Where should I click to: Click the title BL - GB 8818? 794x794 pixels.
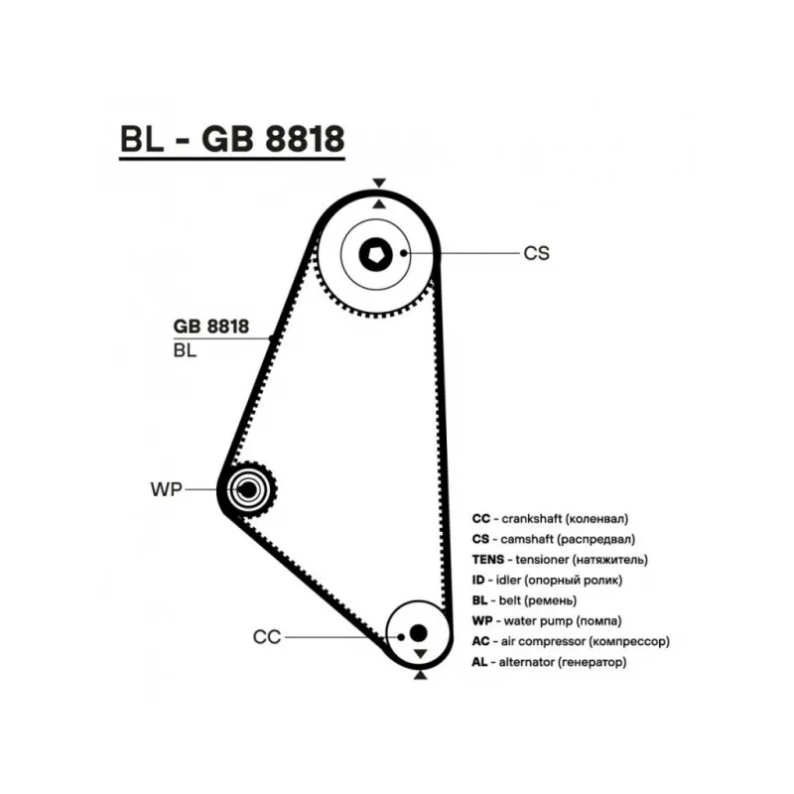(x=231, y=140)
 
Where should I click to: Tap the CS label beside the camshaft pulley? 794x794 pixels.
(x=536, y=253)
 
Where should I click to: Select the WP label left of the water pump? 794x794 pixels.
(x=166, y=489)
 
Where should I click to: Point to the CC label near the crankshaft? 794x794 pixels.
(x=267, y=636)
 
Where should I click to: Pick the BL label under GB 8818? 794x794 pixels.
(x=185, y=349)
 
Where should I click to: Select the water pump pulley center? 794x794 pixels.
(x=246, y=488)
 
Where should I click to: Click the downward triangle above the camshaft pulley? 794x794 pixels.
(x=378, y=183)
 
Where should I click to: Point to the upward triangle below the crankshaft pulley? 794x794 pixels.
(x=419, y=675)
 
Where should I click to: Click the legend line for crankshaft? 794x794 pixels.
(x=551, y=518)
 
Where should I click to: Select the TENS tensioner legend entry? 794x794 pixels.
(x=562, y=560)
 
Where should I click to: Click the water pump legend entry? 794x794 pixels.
(x=546, y=620)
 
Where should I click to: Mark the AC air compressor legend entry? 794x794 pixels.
(x=571, y=641)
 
